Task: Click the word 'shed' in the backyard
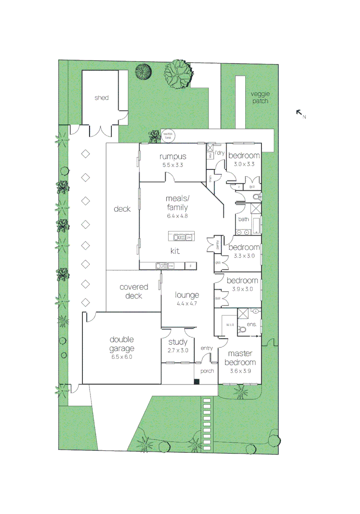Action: pyautogui.click(x=101, y=98)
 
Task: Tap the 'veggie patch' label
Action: pyautogui.click(x=260, y=97)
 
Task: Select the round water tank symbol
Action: pyautogui.click(x=168, y=136)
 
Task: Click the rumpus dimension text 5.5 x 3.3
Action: pyautogui.click(x=172, y=165)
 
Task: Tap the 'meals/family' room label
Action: pyautogui.click(x=177, y=203)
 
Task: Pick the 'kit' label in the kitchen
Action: pyautogui.click(x=175, y=251)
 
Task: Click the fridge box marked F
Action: pyautogui.click(x=190, y=266)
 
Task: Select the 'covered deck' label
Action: pyautogui.click(x=134, y=291)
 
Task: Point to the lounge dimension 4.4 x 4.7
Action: pyautogui.click(x=187, y=304)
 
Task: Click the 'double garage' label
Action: pyautogui.click(x=122, y=344)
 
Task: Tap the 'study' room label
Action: pyautogui.click(x=178, y=342)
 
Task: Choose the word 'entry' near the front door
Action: pyautogui.click(x=206, y=348)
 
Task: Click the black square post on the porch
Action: pyautogui.click(x=197, y=381)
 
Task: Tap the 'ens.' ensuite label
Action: pyautogui.click(x=252, y=324)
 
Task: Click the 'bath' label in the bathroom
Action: pyautogui.click(x=243, y=219)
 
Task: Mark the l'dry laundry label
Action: pyautogui.click(x=219, y=153)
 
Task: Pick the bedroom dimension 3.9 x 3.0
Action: pyautogui.click(x=242, y=289)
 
